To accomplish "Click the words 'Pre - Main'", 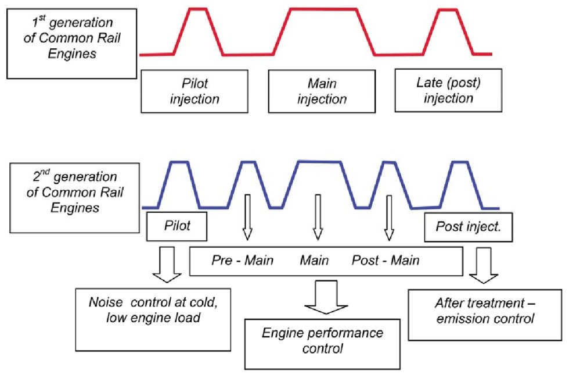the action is pos(243,261).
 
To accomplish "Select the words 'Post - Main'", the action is pos(386,261).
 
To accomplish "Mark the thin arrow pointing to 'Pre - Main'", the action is pos(247,218).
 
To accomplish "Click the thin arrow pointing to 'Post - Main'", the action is pos(390,218).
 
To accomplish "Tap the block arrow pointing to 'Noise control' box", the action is pos(167,265).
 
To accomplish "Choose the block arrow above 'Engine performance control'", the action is pos(326,297).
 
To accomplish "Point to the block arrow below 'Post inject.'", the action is pos(484,266).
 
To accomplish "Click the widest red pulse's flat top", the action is pos(324,9).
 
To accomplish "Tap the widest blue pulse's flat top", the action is pos(319,161).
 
